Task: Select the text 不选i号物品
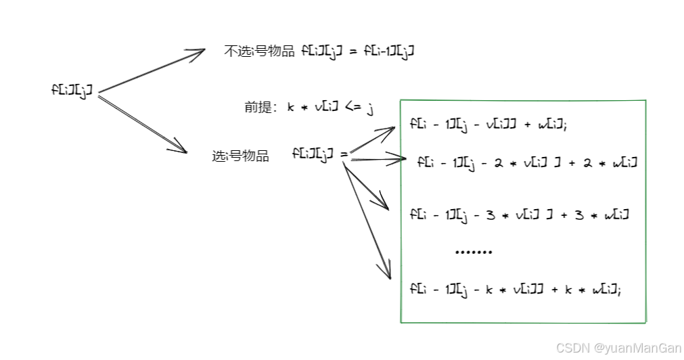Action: (259, 51)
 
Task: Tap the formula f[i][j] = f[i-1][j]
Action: (358, 51)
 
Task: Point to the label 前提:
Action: (260, 107)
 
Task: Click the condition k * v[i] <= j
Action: (330, 107)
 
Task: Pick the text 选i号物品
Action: (240, 156)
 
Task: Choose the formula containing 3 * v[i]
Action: (520, 215)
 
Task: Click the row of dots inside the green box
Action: (474, 252)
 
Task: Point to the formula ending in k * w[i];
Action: (516, 289)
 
